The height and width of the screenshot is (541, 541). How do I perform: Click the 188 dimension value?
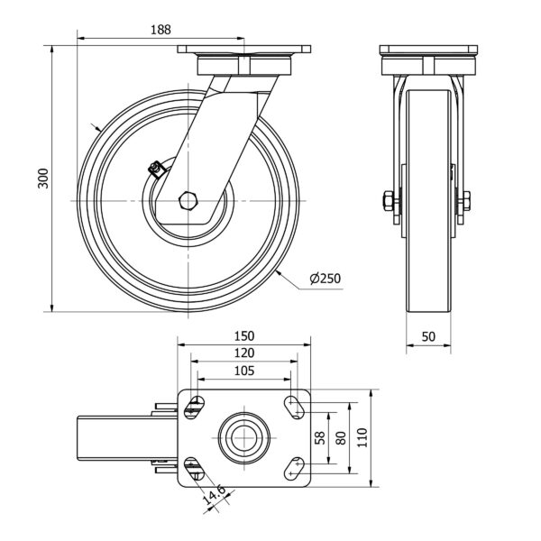coord(160,30)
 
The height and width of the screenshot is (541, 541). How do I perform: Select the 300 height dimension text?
coord(43,178)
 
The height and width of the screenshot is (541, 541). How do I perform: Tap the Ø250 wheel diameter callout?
coord(325,279)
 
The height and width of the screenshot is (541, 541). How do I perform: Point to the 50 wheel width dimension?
coord(428,336)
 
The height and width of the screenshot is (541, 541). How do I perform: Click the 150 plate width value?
coord(244,336)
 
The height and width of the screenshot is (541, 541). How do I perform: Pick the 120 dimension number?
coord(244,353)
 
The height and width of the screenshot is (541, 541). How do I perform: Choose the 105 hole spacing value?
coord(244,371)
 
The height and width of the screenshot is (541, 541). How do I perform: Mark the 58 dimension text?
coord(320,438)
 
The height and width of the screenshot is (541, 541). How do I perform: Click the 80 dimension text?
coord(341,438)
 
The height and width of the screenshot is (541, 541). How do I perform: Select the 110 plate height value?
coord(362,438)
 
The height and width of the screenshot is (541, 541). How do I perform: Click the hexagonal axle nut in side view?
coord(188,200)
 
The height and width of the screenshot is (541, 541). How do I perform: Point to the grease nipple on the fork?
coord(156,169)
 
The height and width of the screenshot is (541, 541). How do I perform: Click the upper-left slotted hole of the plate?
coord(194,408)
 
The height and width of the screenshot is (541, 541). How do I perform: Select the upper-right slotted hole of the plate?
coord(294,408)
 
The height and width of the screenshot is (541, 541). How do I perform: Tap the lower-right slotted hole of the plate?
coord(294,469)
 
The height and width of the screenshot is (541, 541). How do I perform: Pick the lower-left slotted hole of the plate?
coord(194,469)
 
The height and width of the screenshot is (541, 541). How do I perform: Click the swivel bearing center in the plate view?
coord(244,438)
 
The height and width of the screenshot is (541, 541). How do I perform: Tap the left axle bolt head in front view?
coord(388,200)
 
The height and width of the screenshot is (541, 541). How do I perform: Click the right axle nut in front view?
coord(466,200)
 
